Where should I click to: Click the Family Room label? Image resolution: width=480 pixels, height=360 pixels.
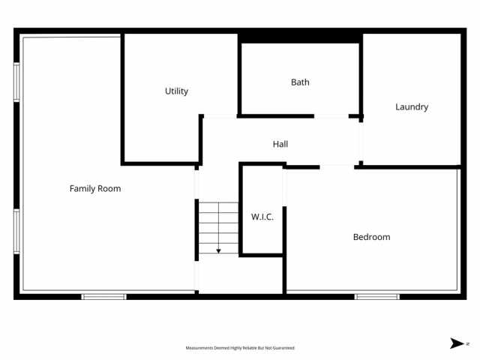click(x=95, y=188)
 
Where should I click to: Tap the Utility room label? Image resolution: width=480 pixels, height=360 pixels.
click(x=176, y=91)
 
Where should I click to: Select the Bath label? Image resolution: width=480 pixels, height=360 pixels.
click(x=300, y=82)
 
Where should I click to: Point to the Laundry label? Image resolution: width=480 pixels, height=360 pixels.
click(x=412, y=106)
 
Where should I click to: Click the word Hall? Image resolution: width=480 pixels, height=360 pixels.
click(x=280, y=144)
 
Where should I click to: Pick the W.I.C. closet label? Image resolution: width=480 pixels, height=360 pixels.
click(x=262, y=217)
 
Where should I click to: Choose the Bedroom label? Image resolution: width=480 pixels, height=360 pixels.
click(x=371, y=237)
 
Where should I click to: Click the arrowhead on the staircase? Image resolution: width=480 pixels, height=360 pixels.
click(x=218, y=250)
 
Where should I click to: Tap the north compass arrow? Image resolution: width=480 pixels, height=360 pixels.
click(x=456, y=343)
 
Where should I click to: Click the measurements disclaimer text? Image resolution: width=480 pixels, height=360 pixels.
click(x=240, y=348)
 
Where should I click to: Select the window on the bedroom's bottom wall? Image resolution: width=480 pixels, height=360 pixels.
click(x=377, y=297)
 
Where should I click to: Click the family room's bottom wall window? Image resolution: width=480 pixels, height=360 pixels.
click(x=103, y=297)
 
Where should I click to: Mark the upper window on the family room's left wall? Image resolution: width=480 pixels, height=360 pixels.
click(x=16, y=81)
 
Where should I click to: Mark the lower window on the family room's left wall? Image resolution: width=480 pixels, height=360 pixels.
click(x=16, y=232)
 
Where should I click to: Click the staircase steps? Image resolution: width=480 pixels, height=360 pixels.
click(x=218, y=225)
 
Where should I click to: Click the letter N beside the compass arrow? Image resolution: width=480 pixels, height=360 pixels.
click(x=467, y=343)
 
